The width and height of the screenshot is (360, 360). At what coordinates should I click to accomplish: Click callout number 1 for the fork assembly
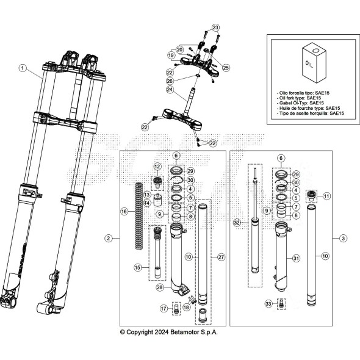point(23,68)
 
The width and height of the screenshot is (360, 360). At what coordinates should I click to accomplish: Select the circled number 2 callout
point(109,237)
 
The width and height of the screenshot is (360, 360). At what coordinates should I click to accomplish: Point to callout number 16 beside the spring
point(124,212)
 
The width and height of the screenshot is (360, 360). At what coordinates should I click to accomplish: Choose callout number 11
point(326,196)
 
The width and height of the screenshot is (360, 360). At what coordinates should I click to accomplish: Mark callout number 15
point(139,268)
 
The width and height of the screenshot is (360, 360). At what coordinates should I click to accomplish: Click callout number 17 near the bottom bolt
point(163,309)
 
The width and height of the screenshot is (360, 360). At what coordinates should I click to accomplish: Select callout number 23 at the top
point(215,27)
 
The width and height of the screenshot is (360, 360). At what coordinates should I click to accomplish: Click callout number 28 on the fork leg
point(160,287)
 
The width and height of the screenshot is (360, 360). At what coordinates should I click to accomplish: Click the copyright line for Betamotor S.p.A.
point(168,332)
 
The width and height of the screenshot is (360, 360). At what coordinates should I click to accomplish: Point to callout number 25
point(226,67)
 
